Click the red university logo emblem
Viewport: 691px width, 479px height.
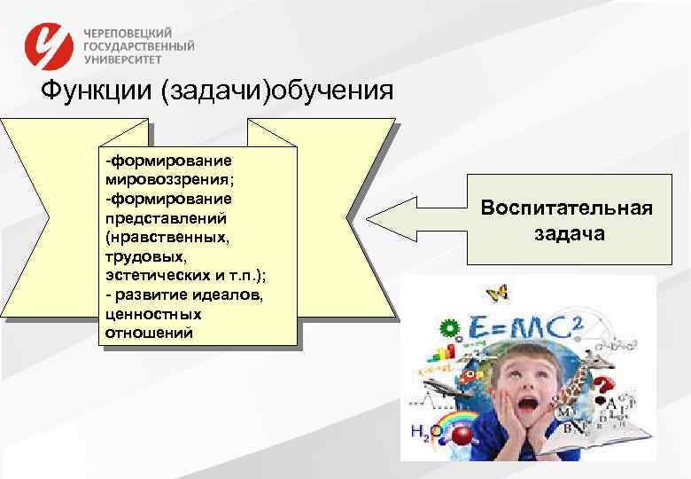click(x=50, y=44)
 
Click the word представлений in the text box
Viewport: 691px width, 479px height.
click(x=155, y=216)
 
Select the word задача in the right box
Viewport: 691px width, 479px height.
click(x=568, y=233)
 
